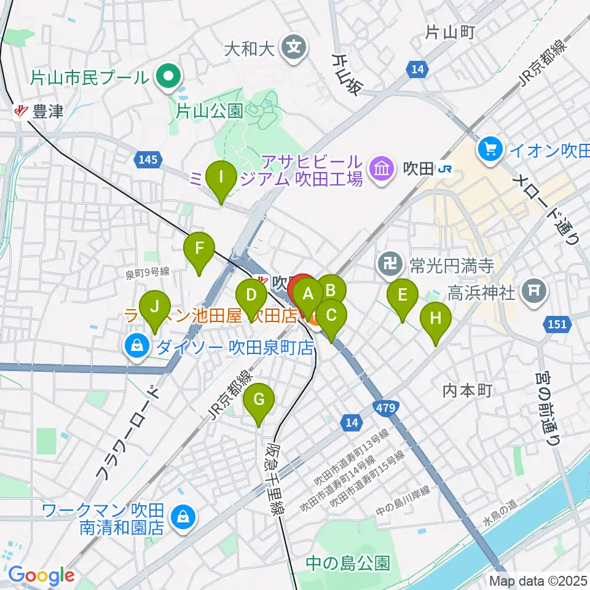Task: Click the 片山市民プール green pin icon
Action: coord(166,77)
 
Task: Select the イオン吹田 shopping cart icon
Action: coord(490,148)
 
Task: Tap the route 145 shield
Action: coord(146,160)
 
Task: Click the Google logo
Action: coord(41,575)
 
